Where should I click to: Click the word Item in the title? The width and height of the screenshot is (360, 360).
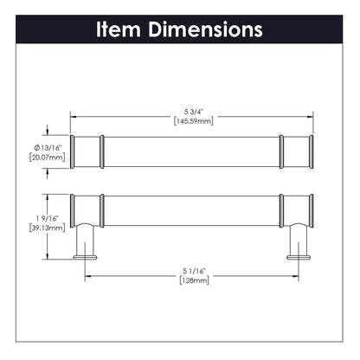[x=120, y=29]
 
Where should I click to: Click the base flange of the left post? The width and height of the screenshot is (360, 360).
[x=85, y=255]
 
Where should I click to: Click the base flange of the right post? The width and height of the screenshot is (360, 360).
[x=297, y=255]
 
